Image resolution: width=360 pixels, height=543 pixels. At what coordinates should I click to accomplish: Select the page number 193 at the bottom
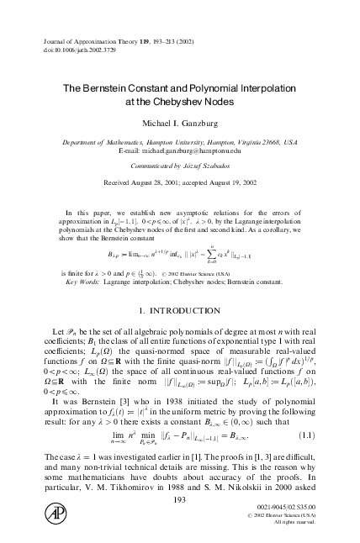point(179,499)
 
